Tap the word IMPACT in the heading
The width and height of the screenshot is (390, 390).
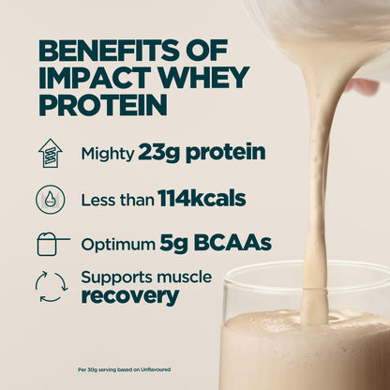tap(88, 77)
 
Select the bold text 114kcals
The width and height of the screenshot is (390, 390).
tap(189, 198)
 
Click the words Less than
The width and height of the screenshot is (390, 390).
tap(113, 199)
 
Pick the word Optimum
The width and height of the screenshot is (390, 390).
tap(118, 244)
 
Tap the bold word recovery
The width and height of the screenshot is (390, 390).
tap(129, 295)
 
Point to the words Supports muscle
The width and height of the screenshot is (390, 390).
tap(146, 277)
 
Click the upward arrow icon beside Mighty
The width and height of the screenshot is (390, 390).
tap(50, 152)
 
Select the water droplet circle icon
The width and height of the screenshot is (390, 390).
tap(50, 198)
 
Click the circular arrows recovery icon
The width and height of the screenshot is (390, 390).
tap(51, 287)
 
